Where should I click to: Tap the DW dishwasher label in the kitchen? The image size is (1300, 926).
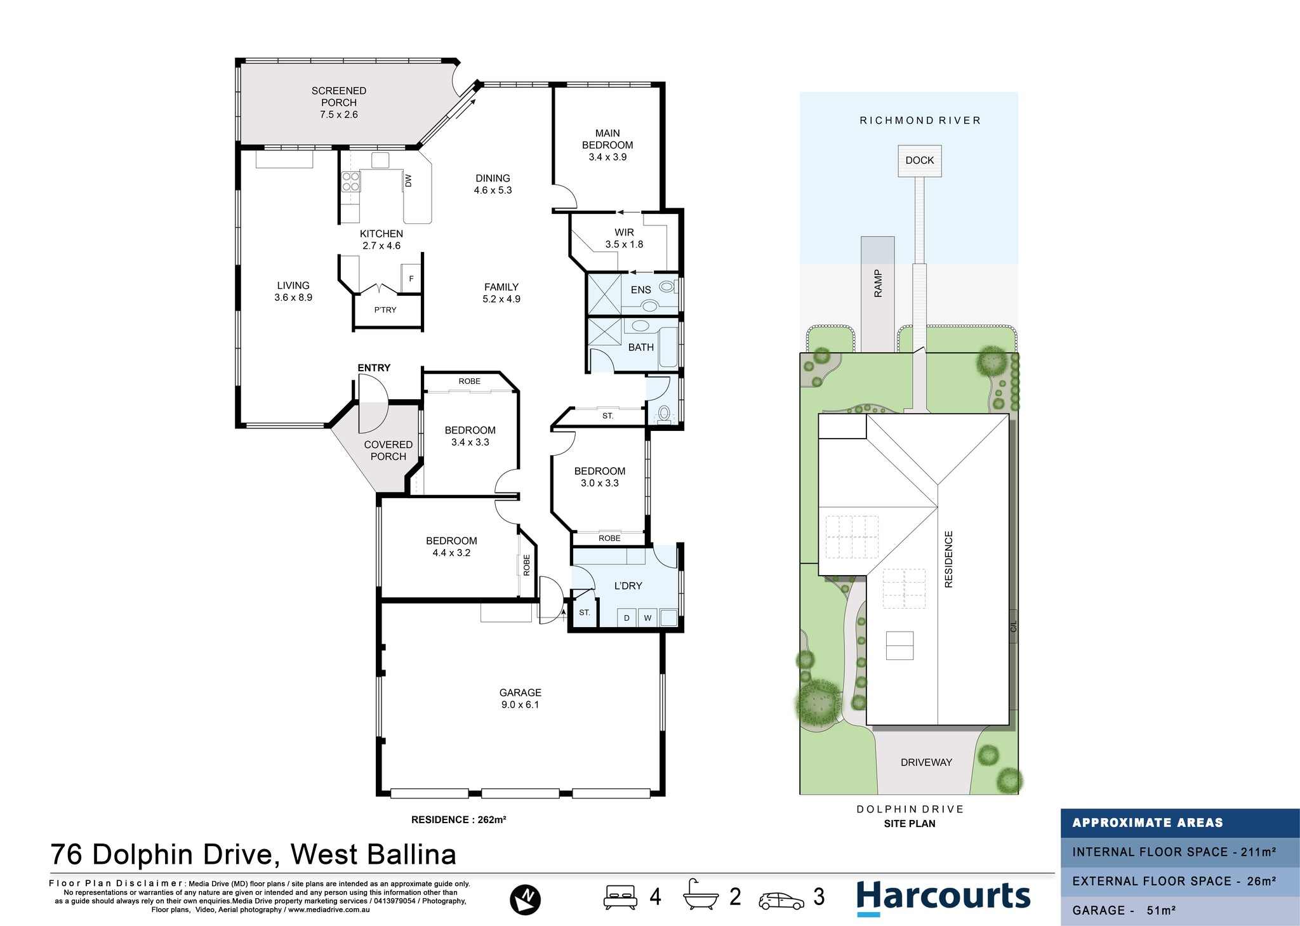click(x=408, y=181)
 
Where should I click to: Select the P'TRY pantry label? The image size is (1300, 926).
click(x=385, y=310)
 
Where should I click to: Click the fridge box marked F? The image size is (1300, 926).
click(x=411, y=279)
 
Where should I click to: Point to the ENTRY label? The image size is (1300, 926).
click(x=374, y=368)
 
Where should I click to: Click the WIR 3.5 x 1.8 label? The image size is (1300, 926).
click(x=624, y=239)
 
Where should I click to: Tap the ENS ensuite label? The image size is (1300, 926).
click(x=640, y=290)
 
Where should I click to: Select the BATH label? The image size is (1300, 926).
click(x=640, y=347)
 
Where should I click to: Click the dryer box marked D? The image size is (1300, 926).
click(x=627, y=618)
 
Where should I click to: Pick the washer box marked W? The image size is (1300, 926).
click(x=647, y=618)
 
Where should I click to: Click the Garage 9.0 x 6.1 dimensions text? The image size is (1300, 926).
click(x=520, y=704)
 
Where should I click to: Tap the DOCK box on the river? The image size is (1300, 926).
click(x=920, y=161)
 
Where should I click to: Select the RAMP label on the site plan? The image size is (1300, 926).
click(x=879, y=283)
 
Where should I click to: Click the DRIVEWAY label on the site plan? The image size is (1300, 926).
click(x=926, y=762)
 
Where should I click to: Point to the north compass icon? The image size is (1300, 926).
click(x=525, y=899)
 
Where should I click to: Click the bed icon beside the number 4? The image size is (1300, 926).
click(x=620, y=897)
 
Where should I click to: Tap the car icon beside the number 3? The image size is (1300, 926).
click(x=781, y=901)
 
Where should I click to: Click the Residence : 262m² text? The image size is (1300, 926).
click(x=458, y=820)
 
